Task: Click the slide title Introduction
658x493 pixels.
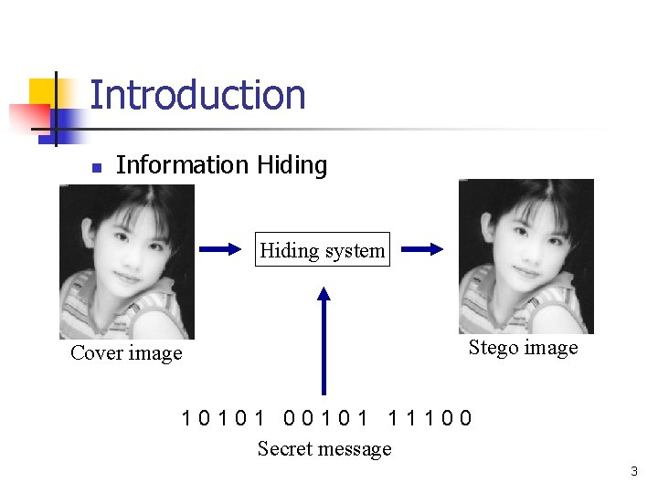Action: point(197,95)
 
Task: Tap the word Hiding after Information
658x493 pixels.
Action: point(292,165)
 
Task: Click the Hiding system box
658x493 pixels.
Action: point(322,249)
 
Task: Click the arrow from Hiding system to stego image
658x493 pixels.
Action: point(422,248)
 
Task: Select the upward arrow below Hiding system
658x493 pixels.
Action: point(323,338)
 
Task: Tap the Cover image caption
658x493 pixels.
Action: point(126,353)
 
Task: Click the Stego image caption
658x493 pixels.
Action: point(523,348)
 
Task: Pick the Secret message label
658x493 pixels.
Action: point(324,448)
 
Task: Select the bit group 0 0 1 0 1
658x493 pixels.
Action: point(326,419)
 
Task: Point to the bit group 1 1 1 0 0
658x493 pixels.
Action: point(430,419)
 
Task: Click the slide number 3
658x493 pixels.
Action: point(634,471)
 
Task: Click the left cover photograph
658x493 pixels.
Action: point(127,262)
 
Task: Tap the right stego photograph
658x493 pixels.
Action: point(525,257)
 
